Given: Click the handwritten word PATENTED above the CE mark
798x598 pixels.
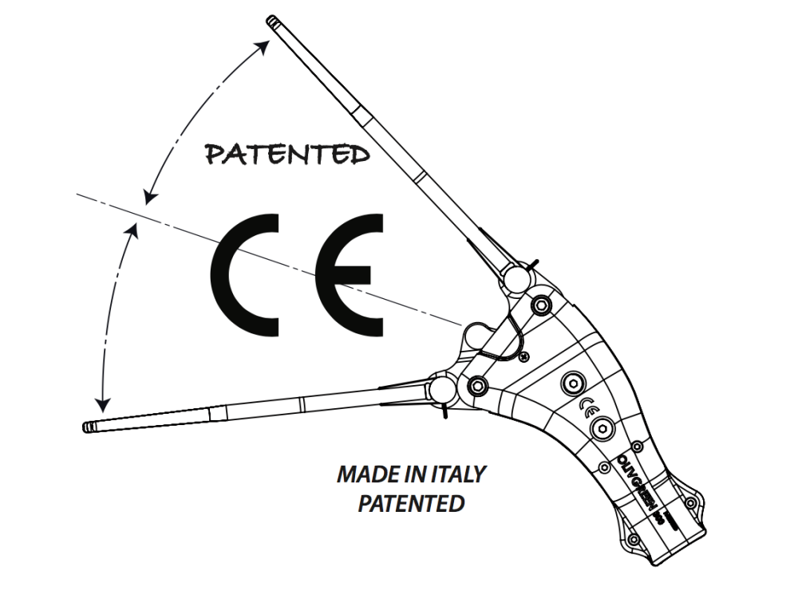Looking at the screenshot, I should click(x=288, y=154).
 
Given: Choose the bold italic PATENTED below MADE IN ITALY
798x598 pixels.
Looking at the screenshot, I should click(x=411, y=504).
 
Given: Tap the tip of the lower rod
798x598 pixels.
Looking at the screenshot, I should click(x=87, y=427).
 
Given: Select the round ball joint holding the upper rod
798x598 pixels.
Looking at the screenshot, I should click(x=514, y=278).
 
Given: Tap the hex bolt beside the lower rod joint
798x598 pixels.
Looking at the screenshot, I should click(x=477, y=386).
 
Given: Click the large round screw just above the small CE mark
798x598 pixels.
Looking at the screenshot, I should click(x=572, y=383).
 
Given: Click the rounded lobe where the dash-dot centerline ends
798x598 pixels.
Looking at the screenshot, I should click(x=478, y=334).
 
